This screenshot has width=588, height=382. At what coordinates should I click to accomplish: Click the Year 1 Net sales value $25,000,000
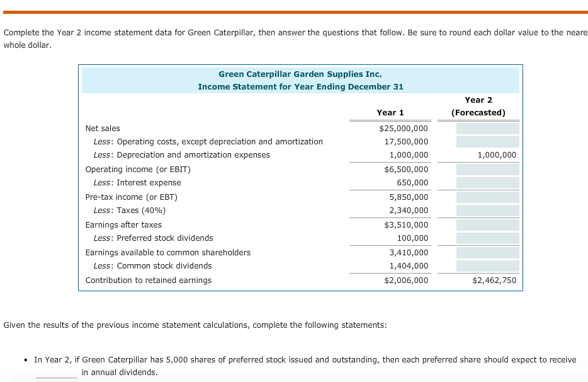click(404, 129)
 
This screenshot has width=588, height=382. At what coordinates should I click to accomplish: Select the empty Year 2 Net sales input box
click(487, 129)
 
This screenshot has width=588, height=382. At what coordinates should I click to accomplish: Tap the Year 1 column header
click(390, 113)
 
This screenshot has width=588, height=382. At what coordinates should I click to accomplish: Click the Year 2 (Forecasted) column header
click(478, 107)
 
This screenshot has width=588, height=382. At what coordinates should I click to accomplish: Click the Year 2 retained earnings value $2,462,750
click(494, 281)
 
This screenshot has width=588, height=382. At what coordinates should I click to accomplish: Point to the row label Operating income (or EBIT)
click(138, 170)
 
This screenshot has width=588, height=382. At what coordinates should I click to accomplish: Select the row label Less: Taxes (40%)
click(129, 211)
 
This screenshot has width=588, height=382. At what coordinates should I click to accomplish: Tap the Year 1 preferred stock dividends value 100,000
click(412, 238)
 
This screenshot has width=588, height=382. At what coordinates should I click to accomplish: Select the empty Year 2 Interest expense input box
click(487, 183)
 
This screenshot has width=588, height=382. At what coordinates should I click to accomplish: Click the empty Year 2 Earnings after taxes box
click(487, 225)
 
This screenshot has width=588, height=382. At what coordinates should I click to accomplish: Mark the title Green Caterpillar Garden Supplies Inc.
click(300, 74)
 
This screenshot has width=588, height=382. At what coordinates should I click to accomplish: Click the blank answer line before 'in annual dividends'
click(56, 373)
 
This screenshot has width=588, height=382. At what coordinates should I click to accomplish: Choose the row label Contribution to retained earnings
click(149, 281)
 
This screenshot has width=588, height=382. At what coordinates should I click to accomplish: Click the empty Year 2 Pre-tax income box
click(487, 197)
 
